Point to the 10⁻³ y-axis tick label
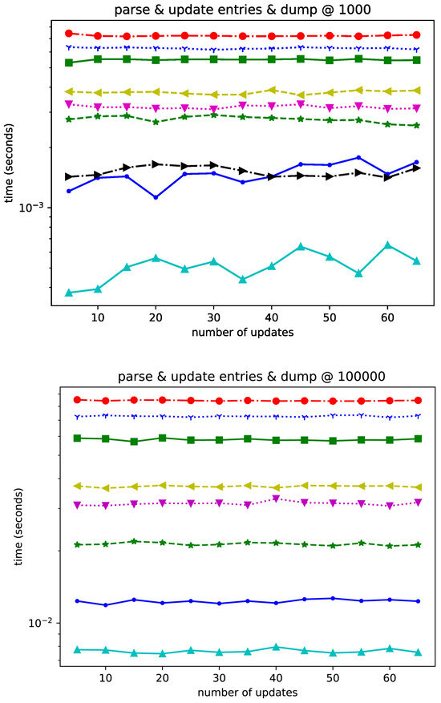tap(39, 208)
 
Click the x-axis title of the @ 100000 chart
tap(248, 692)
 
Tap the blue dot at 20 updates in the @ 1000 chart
tap(156, 197)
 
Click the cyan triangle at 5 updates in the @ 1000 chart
tap(69, 293)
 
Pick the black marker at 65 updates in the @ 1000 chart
tap(416, 168)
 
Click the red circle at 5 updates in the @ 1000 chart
tap(69, 33)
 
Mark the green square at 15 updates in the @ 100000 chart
tap(134, 442)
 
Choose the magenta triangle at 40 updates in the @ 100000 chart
tap(276, 499)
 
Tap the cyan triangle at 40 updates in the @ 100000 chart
tap(276, 647)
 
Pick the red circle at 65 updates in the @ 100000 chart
tap(418, 400)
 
